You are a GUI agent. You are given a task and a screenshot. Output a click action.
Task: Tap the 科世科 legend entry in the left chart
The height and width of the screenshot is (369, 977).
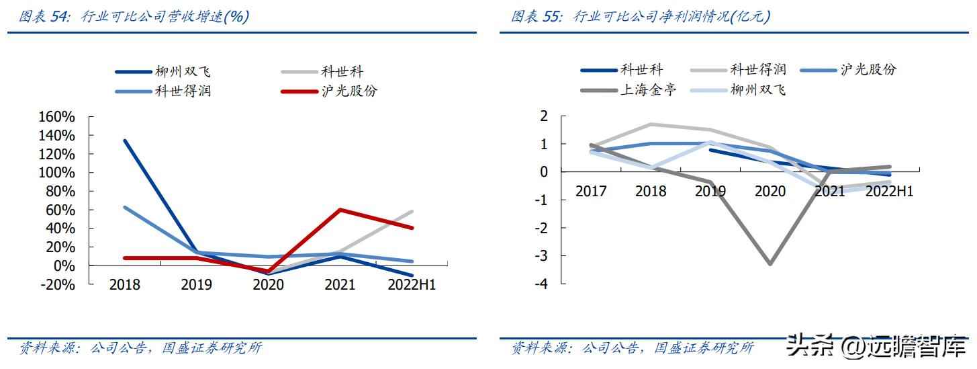pos(342,72)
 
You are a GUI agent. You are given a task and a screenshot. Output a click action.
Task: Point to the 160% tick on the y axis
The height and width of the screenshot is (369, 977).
pos(58,117)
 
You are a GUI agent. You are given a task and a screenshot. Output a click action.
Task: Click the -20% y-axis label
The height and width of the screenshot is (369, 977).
pos(58,284)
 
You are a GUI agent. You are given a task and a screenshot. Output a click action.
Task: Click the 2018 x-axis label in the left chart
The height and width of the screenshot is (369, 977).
pos(125,285)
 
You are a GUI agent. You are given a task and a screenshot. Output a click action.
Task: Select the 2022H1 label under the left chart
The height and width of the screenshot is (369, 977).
pos(412,285)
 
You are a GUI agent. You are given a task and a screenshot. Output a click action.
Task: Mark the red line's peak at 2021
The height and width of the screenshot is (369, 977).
pos(340,210)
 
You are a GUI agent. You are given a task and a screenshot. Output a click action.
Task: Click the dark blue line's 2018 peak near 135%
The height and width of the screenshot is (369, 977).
pos(125,140)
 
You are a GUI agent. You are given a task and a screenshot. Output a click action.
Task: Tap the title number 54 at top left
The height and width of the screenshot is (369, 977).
pos(60,17)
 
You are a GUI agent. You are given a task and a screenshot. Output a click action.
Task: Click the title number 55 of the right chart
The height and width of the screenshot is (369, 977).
pos(552,17)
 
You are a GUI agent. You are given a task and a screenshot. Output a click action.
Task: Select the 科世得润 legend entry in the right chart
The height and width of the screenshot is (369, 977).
pos(758,69)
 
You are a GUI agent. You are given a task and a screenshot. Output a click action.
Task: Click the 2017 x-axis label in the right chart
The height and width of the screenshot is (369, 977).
pos(591,192)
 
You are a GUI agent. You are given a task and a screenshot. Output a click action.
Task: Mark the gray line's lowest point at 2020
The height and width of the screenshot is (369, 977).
pos(770,263)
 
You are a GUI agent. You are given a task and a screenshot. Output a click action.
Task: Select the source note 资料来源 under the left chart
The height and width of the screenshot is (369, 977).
pos(46,348)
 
